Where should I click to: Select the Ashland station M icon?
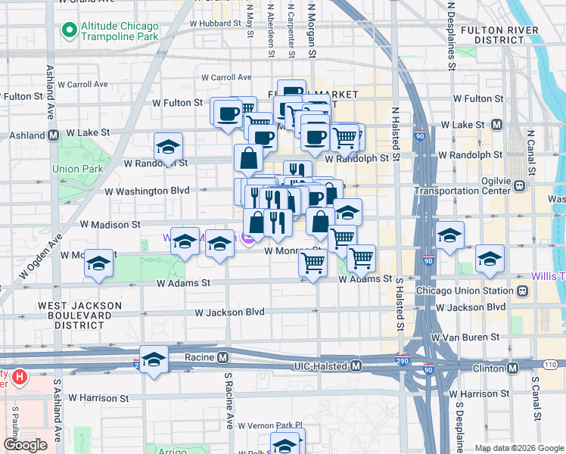tap(54, 135)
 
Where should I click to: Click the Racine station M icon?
tap(223, 357)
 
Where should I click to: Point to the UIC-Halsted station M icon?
tap(356, 366)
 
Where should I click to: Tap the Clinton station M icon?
tap(512, 368)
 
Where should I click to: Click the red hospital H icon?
tap(20, 375)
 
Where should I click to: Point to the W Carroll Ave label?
tap(226, 77)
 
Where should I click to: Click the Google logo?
tap(25, 445)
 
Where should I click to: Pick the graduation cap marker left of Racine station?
tap(154, 360)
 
